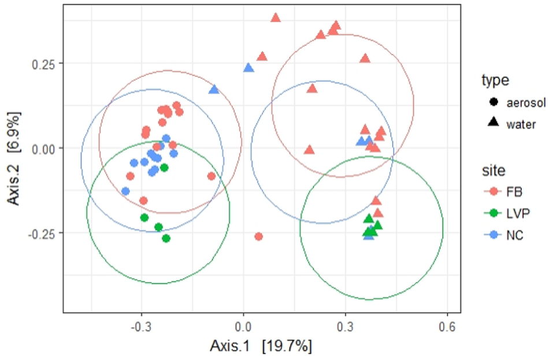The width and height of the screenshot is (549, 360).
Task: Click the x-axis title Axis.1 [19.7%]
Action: pos(261,346)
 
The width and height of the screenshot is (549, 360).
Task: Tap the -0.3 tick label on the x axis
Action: pos(142,326)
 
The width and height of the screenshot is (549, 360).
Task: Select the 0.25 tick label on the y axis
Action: pos(46,63)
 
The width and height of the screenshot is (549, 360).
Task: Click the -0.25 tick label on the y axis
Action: pos(44,233)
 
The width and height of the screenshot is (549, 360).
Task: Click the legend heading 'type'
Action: pos(496,81)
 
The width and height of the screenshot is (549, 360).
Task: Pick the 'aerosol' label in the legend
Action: pos(526,103)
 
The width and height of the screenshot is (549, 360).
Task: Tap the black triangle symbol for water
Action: pos(494,123)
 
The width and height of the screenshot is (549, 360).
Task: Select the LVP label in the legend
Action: pos(517,214)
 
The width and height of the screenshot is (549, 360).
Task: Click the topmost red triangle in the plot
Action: pos(276,18)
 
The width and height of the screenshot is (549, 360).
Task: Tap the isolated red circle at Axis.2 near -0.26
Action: pos(259,236)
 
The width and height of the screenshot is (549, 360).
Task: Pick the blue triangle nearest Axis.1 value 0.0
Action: pos(248,68)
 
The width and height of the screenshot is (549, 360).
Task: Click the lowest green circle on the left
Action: pos(166,238)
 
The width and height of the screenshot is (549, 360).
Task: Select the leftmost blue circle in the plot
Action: pos(125,191)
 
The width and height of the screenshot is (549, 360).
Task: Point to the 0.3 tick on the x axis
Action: pos(345,326)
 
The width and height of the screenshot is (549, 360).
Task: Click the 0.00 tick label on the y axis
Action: pos(46,149)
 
